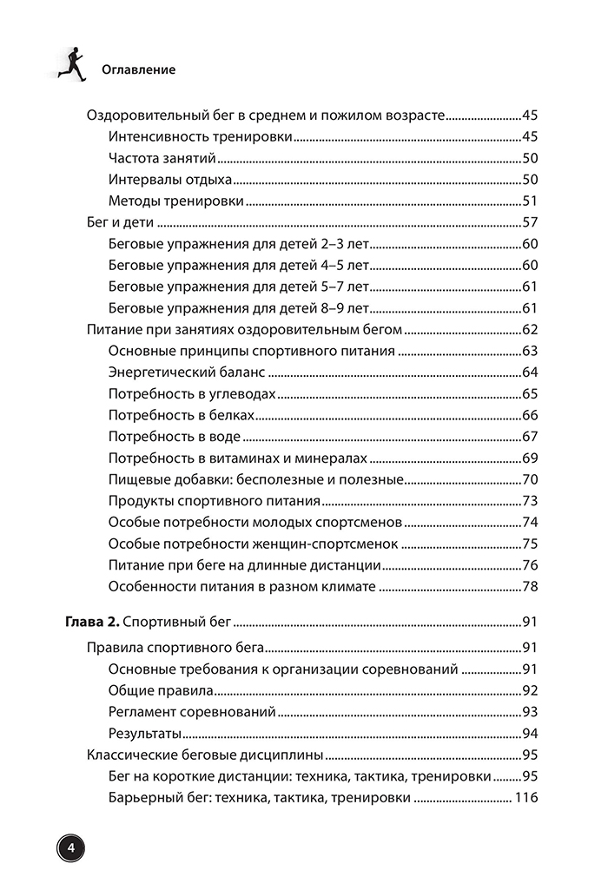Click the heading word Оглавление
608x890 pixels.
coord(138,69)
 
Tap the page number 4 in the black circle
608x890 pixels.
coord(71,847)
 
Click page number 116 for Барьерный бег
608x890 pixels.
coord(526,797)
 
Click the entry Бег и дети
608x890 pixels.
coord(122,222)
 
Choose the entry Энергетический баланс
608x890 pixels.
coord(187,372)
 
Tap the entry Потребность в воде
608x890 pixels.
coord(175,437)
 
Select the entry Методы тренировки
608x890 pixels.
coord(175,201)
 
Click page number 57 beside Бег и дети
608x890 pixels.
coord(531,222)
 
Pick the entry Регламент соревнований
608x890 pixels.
coord(192,711)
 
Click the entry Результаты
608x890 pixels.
coord(145,733)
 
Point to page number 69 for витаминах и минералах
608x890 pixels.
coord(531,458)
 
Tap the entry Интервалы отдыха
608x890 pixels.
coord(170,180)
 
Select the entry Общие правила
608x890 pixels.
coord(161,690)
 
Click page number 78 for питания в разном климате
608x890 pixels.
coord(531,587)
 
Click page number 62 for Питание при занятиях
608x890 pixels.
coord(531,329)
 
